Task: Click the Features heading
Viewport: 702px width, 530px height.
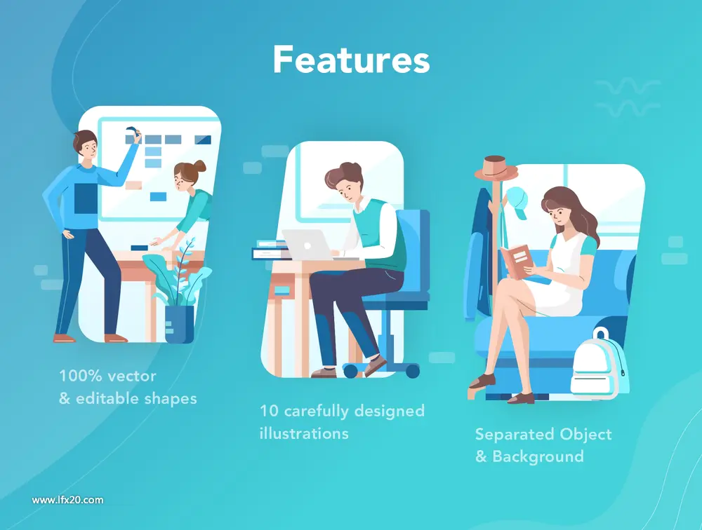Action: pyautogui.click(x=352, y=59)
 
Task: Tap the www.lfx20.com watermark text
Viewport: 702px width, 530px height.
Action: pyautogui.click(x=67, y=500)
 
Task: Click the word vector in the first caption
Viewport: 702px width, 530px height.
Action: pyautogui.click(x=132, y=376)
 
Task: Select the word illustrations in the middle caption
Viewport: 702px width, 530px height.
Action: pyautogui.click(x=304, y=433)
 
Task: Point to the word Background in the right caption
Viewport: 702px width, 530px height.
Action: pyautogui.click(x=538, y=456)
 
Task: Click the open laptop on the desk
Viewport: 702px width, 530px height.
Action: pyautogui.click(x=310, y=245)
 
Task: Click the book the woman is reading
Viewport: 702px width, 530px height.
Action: pyautogui.click(x=517, y=261)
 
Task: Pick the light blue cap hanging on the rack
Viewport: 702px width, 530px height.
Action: pyautogui.click(x=517, y=202)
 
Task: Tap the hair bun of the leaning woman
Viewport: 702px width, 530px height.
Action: pyautogui.click(x=199, y=166)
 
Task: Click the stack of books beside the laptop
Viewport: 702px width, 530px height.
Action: pyautogui.click(x=270, y=250)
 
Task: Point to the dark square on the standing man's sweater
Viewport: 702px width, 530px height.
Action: pyautogui.click(x=86, y=198)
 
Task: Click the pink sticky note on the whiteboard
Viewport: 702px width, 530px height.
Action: pyautogui.click(x=133, y=185)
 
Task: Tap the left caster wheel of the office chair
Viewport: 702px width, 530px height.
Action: pyautogui.click(x=350, y=370)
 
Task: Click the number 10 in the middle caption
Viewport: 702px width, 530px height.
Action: pyautogui.click(x=270, y=411)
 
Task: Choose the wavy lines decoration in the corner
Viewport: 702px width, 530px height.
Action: pyautogui.click(x=628, y=97)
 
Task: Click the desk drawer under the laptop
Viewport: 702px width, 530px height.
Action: pyautogui.click(x=282, y=291)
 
